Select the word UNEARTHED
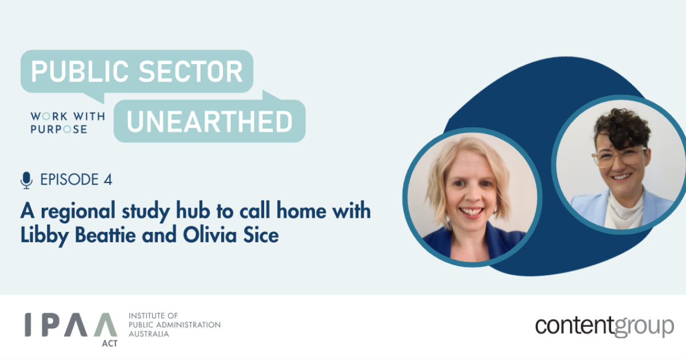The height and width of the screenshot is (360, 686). click(209, 121)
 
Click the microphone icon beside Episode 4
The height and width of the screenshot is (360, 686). click(26, 180)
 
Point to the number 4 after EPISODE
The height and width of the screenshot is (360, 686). click(107, 180)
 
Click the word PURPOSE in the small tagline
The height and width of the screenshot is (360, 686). click(59, 130)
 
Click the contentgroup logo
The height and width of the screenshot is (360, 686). click(604, 326)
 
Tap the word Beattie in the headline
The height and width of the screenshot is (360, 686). click(95, 234)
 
